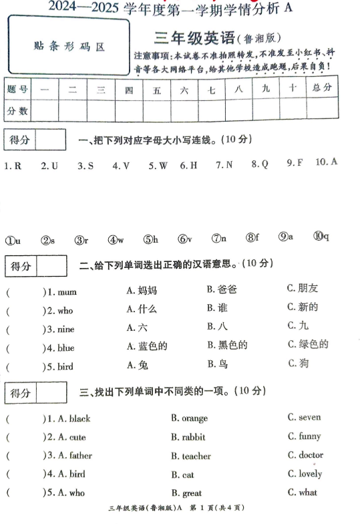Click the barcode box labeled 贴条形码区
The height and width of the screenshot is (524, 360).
(69, 46)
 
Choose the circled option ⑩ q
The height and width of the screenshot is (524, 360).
(321, 237)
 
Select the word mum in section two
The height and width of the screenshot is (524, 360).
(67, 292)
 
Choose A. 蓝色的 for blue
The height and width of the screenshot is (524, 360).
(146, 346)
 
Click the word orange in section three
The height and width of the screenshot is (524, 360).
(194, 418)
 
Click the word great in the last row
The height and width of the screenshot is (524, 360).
(192, 493)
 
